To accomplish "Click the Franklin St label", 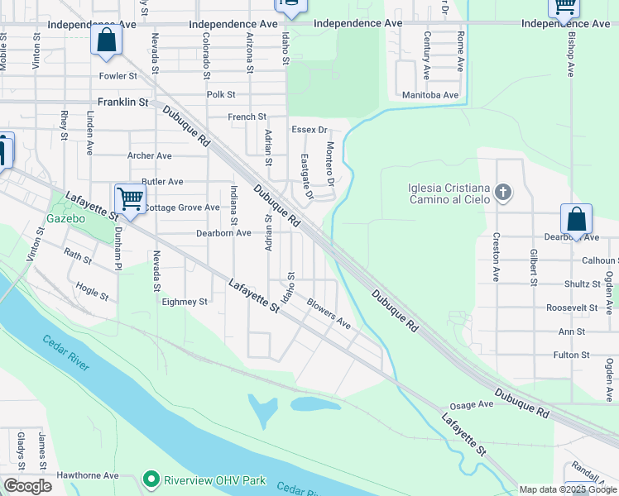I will tap(122, 103).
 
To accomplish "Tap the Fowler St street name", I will tap(118, 76).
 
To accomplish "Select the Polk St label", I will tap(222, 95).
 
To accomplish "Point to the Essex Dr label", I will tap(309, 131).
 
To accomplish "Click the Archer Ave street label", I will tap(149, 155).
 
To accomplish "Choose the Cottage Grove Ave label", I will tap(183, 207).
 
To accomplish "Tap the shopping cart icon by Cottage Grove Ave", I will tap(130, 198).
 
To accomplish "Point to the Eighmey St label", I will tap(185, 303).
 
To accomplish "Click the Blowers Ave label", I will tap(329, 314).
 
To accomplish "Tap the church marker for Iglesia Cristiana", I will tap(502, 193).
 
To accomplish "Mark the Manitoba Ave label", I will tap(429, 95).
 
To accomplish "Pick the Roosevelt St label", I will tap(572, 308).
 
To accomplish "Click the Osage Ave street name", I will tap(471, 405).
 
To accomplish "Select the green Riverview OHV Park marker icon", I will tap(150, 479).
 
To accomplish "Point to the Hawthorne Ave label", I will tap(88, 476).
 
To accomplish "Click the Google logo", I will tap(27, 486).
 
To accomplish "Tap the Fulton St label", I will tap(571, 355).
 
